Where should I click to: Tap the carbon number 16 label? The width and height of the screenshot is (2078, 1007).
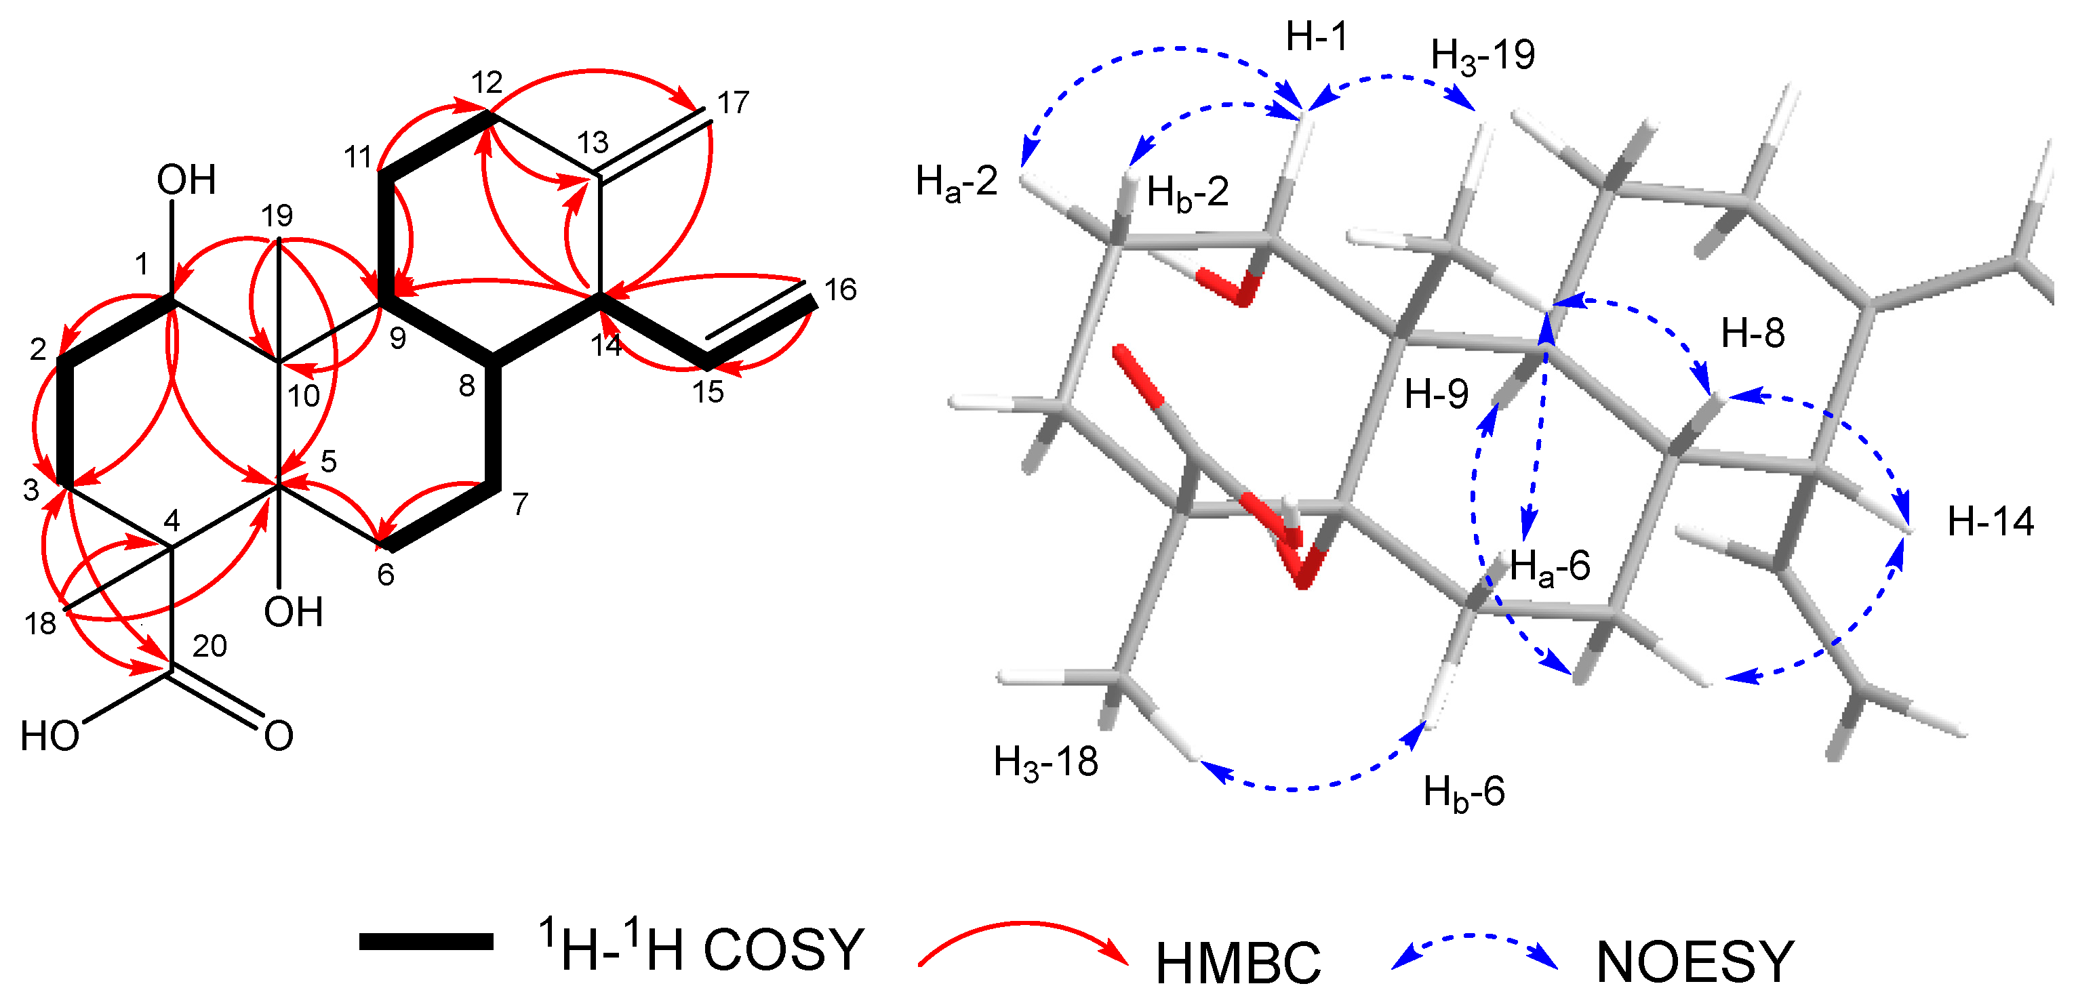click(840, 289)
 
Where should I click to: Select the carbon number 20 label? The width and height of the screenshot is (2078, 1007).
click(209, 646)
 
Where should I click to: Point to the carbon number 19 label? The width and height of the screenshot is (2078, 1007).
click(277, 215)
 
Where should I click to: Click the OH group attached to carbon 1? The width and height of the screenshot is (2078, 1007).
click(186, 179)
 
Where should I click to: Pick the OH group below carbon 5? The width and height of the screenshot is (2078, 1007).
click(294, 612)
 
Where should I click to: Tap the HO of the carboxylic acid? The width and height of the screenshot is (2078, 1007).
click(50, 736)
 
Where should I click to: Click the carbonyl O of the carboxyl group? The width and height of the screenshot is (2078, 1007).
click(278, 736)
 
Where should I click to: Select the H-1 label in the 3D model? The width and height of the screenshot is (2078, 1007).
click(1317, 37)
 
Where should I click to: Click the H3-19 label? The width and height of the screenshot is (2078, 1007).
click(1483, 56)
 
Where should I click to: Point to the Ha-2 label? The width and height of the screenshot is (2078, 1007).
click(957, 182)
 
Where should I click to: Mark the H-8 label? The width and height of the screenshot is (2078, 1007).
click(1753, 332)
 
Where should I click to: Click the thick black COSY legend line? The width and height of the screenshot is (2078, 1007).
click(426, 942)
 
